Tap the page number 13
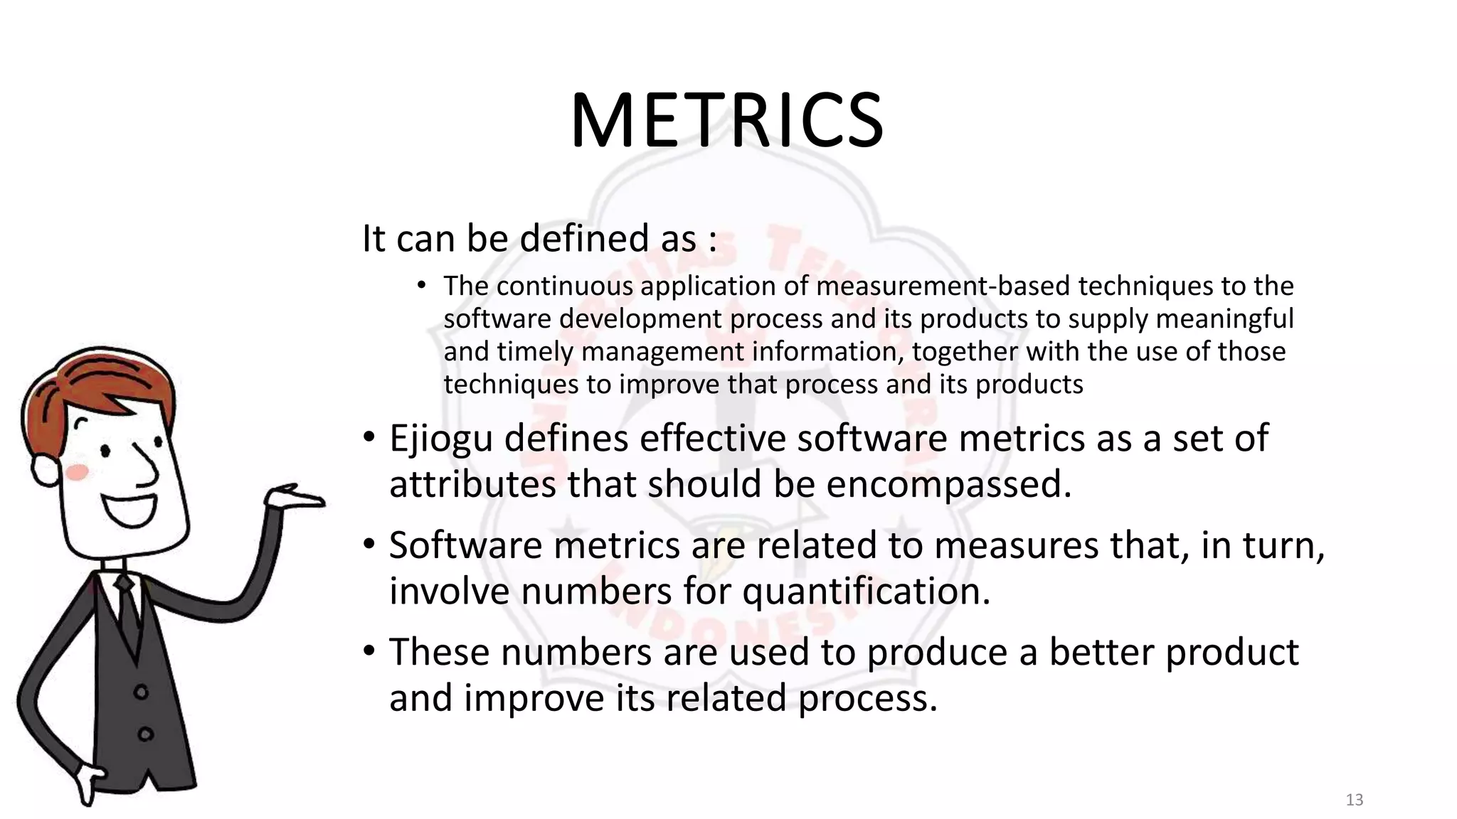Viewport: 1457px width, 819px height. point(1354,800)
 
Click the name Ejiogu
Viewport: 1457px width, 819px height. point(441,439)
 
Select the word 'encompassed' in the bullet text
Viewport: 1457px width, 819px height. point(948,485)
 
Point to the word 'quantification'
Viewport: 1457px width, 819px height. point(866,591)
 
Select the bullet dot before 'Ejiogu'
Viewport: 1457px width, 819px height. point(369,436)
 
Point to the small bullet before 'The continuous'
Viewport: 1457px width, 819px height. point(421,286)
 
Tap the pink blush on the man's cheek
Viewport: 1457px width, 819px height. point(77,471)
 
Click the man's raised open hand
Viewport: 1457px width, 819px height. point(295,495)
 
